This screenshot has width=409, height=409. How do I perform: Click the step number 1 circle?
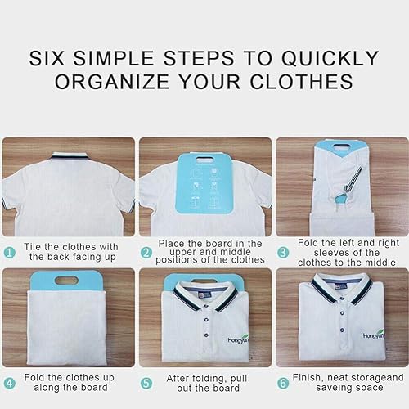pyautogui.click(x=10, y=253)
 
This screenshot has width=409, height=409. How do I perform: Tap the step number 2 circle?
pyautogui.click(x=146, y=253)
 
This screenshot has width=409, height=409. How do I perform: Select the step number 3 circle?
pyautogui.click(x=283, y=253)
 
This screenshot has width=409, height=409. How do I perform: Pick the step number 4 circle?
pyautogui.click(x=10, y=384)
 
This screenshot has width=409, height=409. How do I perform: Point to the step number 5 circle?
pyautogui.click(x=146, y=384)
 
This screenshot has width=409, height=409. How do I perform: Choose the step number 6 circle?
pyautogui.click(x=283, y=384)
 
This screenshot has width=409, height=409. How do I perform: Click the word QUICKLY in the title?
pyautogui.click(x=330, y=58)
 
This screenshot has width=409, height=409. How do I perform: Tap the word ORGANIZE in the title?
pyautogui.click(x=112, y=82)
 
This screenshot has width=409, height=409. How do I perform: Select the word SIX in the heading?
pyautogui.click(x=47, y=58)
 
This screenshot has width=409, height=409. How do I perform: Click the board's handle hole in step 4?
pyautogui.click(x=67, y=280)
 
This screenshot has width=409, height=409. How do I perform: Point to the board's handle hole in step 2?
pyautogui.click(x=204, y=159)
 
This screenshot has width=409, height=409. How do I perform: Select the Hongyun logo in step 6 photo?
pyautogui.click(x=374, y=335)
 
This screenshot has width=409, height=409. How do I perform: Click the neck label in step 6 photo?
pyautogui.click(x=341, y=287)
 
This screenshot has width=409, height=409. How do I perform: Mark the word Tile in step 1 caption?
pyautogui.click(x=33, y=247)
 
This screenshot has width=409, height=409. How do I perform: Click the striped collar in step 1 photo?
pyautogui.click(x=70, y=156)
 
